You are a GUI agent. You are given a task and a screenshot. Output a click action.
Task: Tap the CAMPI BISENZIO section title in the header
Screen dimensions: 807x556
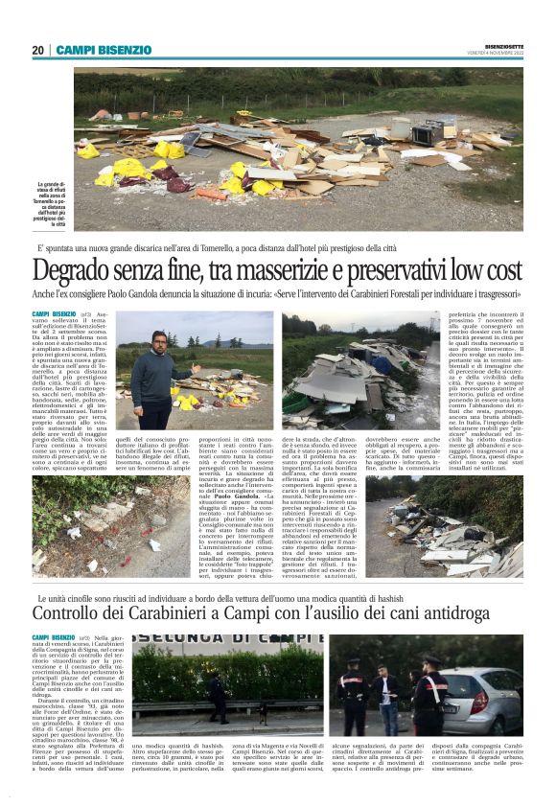click(x=104, y=50)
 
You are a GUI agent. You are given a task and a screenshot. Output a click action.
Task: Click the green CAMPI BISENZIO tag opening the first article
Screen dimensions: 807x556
click(x=54, y=313)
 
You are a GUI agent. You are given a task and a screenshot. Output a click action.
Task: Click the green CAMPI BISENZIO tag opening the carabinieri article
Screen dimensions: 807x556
click(x=54, y=636)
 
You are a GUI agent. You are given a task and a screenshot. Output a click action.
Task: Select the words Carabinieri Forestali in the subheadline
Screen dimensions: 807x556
click(x=382, y=293)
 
